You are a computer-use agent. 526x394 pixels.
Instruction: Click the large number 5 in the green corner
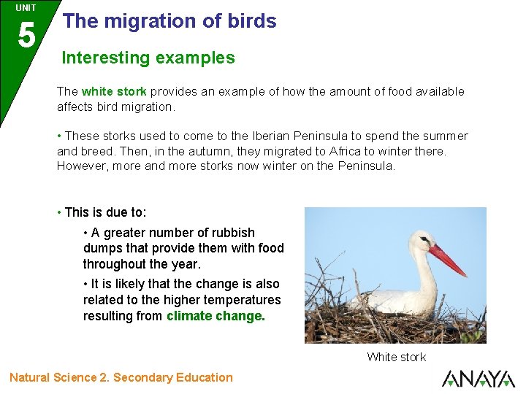[26, 34]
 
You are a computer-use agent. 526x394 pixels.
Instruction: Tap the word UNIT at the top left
[26, 8]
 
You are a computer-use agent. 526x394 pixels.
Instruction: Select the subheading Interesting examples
[148, 58]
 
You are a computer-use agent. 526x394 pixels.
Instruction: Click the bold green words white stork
[114, 92]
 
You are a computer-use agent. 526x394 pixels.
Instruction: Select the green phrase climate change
[216, 316]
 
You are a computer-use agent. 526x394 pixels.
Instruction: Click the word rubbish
[232, 233]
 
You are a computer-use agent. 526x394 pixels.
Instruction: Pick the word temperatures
[244, 300]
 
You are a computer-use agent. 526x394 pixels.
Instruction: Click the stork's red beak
[446, 260]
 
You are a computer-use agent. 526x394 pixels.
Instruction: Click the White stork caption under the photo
[397, 357]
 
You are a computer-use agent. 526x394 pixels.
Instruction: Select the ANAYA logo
[478, 379]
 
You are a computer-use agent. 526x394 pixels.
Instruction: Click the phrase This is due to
[105, 213]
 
